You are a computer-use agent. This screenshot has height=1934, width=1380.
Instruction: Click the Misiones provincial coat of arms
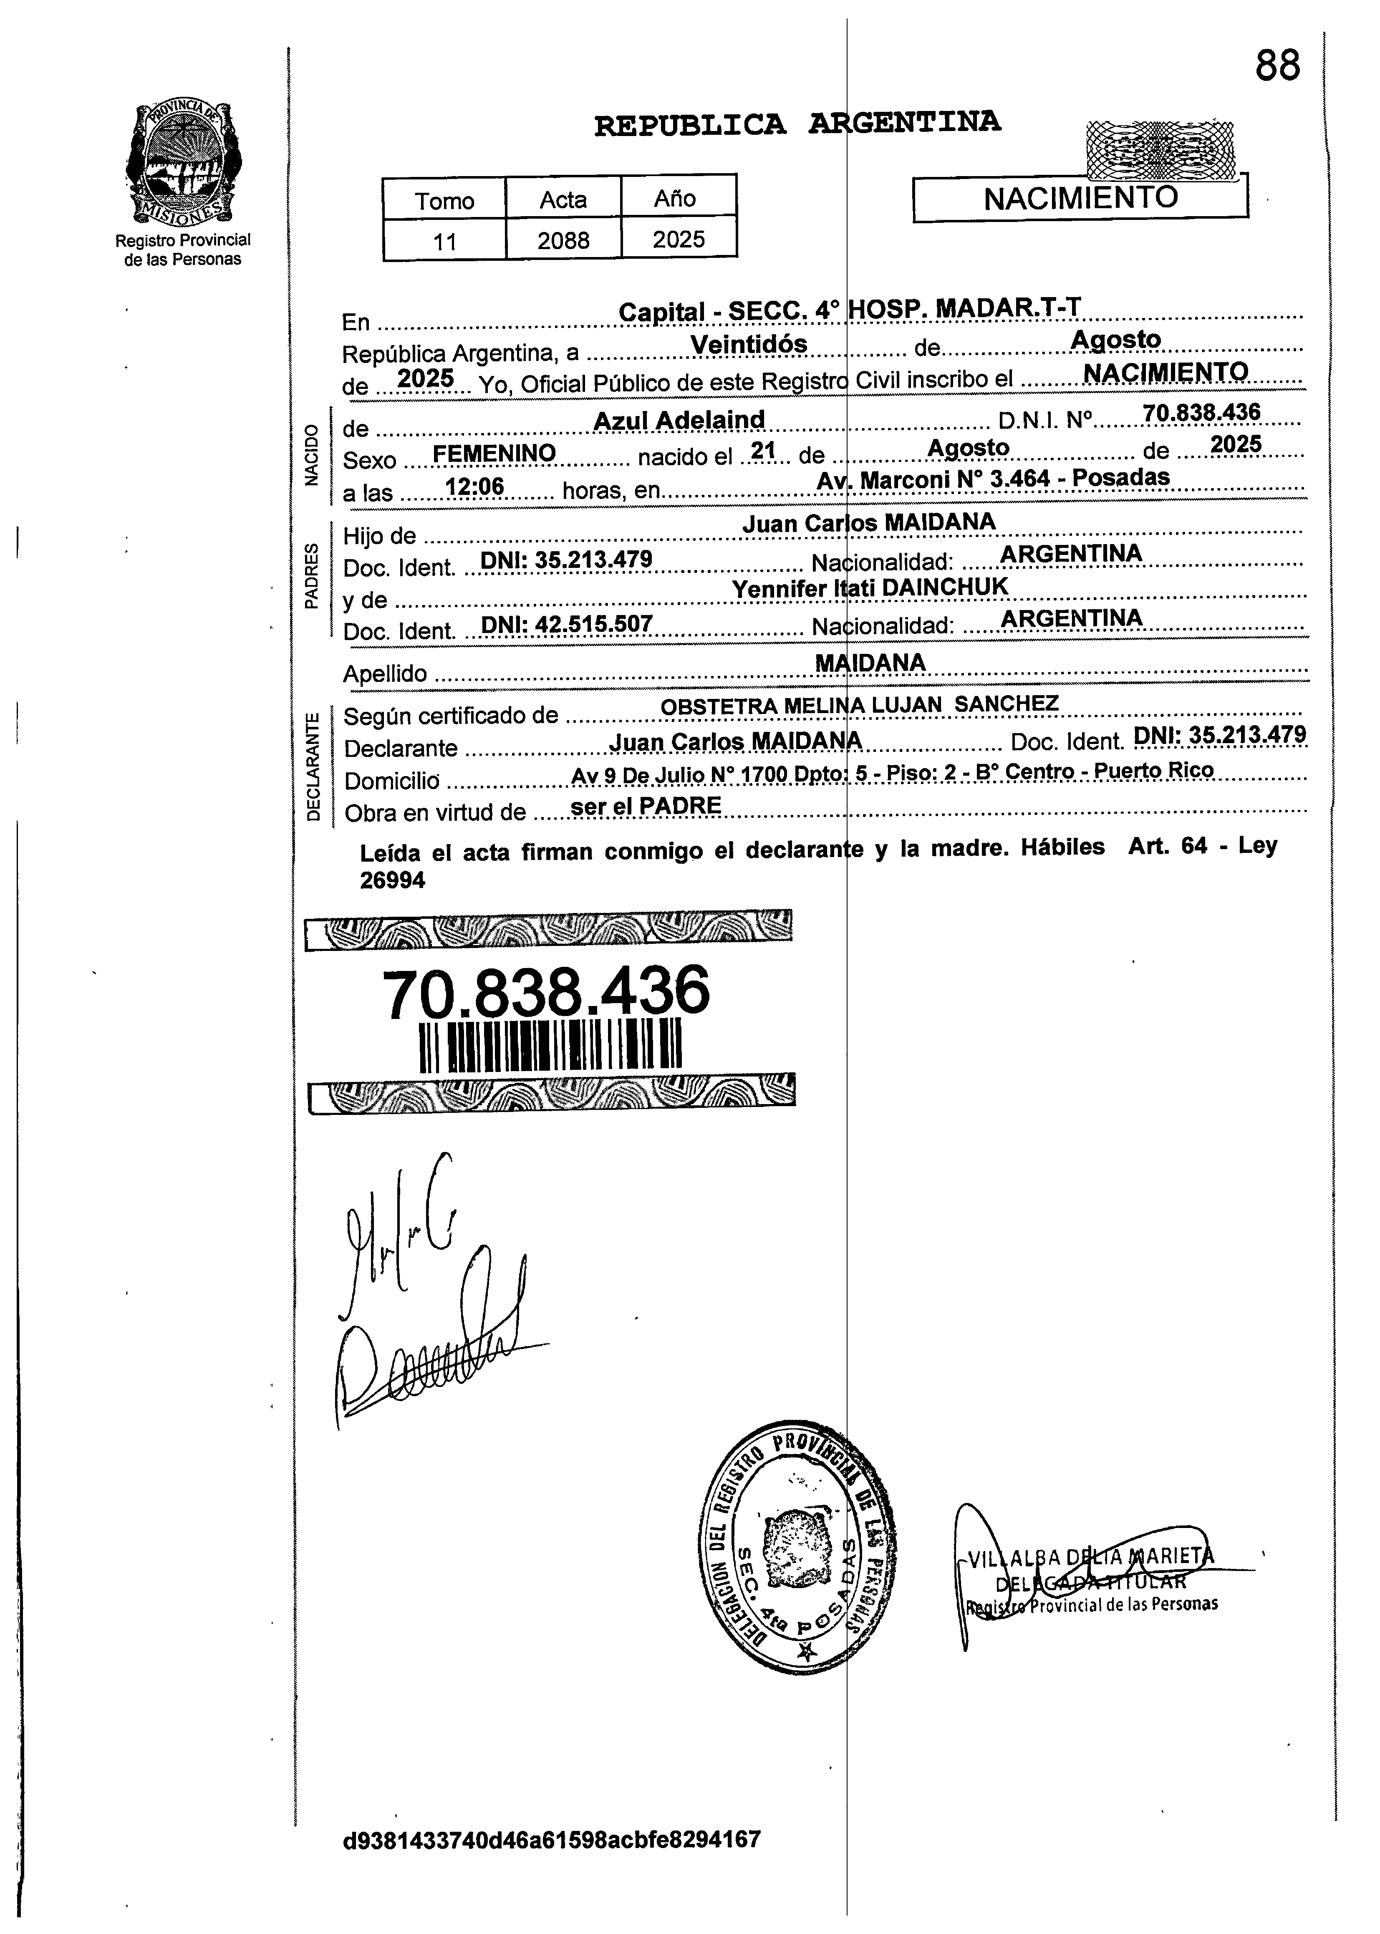pos(182,161)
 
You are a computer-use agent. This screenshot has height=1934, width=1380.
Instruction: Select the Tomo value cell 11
pos(444,241)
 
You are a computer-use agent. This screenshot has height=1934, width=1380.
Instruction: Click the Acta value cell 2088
pos(563,240)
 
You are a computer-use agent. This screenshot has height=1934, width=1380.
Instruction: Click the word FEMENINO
pos(494,454)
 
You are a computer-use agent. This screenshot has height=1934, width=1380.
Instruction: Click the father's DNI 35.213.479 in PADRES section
pos(567,559)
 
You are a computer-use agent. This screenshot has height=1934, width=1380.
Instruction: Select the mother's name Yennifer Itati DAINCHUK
pos(869,586)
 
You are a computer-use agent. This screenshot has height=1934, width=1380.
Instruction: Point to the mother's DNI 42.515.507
pos(567,625)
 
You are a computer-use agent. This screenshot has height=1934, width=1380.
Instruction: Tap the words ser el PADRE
pos(646,806)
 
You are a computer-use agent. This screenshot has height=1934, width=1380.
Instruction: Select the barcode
pos(551,1045)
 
